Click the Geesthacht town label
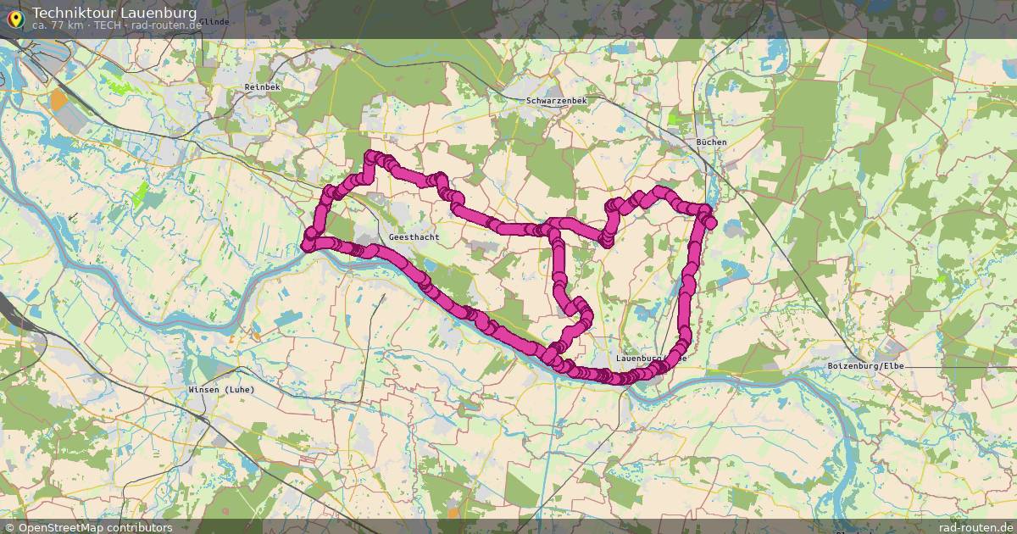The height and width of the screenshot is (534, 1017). [414, 238]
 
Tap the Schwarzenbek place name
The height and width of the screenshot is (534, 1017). [556, 101]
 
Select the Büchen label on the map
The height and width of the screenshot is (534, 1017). [711, 142]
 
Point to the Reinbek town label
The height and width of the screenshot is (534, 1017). [261, 87]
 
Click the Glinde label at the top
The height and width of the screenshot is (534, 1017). [214, 21]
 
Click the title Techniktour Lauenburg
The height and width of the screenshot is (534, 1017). [114, 13]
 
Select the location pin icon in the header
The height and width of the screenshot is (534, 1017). [15, 16]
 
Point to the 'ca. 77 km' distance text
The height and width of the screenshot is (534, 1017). [58, 25]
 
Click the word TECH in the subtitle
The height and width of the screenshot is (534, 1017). [108, 25]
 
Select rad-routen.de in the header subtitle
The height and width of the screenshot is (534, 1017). [166, 25]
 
